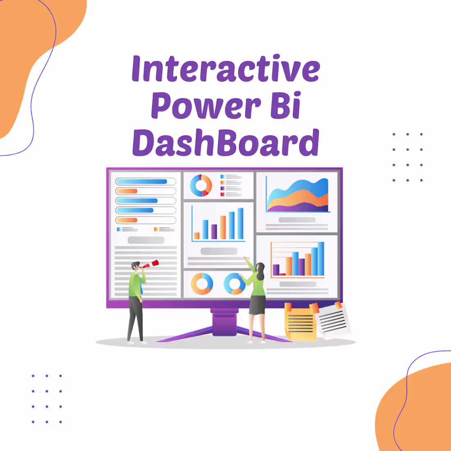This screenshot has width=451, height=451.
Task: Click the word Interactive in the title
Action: coord(225,69)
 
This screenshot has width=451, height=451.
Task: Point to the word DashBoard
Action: coord(225,142)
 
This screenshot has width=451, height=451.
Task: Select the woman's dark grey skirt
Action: coord(257,304)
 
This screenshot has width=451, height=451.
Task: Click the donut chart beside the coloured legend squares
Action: coord(201,185)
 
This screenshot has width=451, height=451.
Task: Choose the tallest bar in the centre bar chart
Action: coord(240,223)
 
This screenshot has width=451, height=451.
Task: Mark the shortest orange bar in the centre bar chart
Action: coord(197,236)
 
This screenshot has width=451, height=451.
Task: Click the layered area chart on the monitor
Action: coord(297,197)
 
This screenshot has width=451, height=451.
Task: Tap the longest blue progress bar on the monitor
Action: coord(141,182)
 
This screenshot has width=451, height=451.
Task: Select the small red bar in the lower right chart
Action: coord(282,274)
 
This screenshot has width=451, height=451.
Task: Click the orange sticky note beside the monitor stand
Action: coord(301,324)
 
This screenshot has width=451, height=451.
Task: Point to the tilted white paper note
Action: coord(334,320)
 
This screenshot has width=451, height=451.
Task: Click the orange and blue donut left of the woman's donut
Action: coord(202,284)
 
